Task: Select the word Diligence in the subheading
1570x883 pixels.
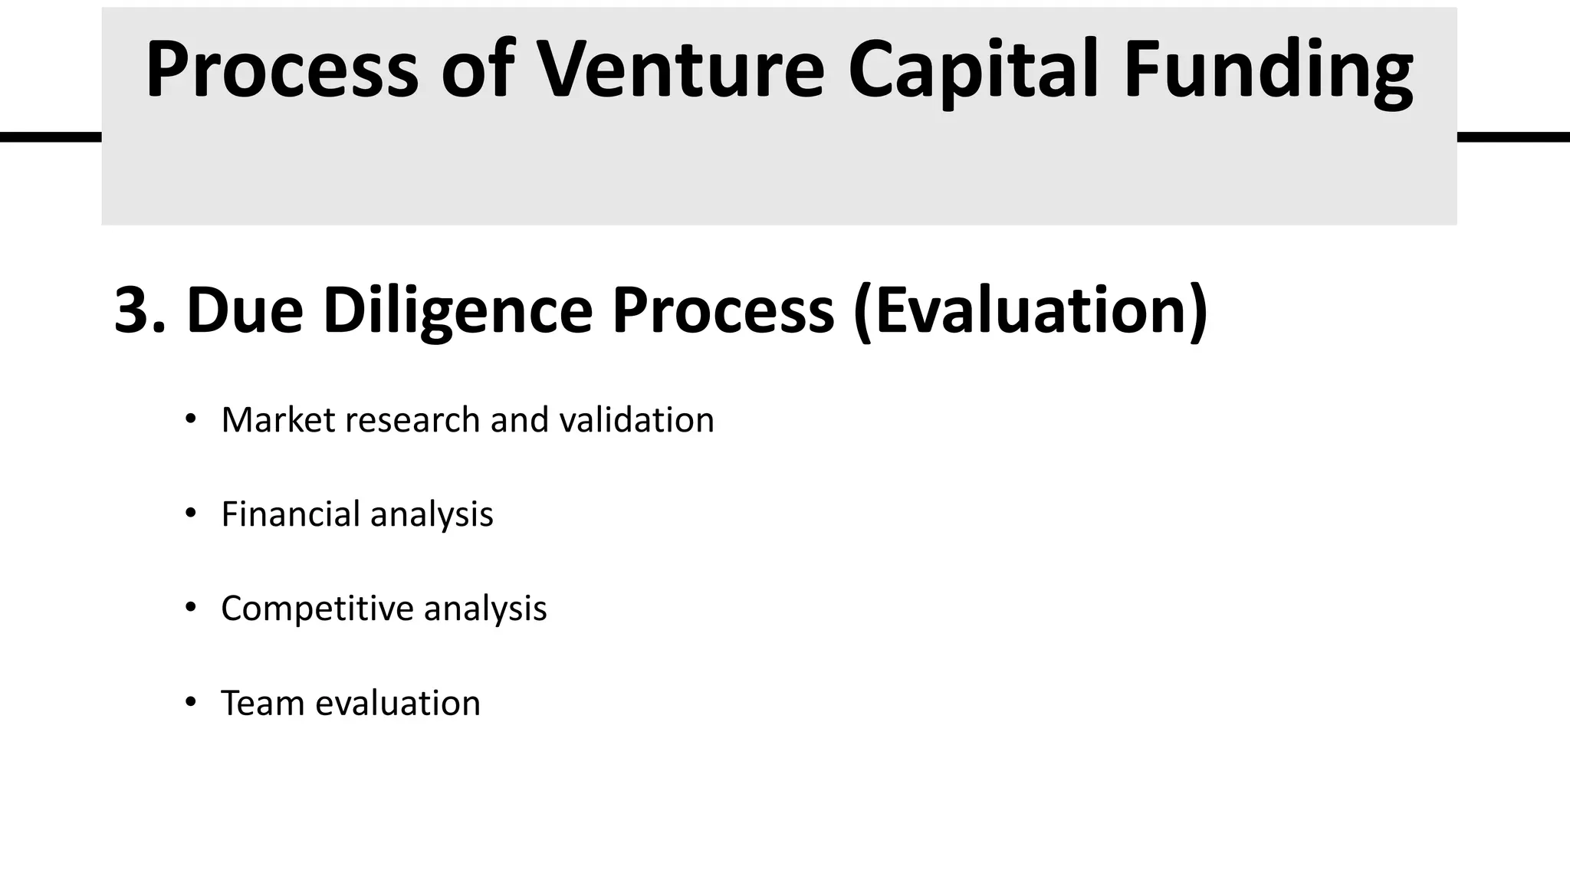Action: (458, 310)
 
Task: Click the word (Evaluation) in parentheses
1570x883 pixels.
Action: (1030, 310)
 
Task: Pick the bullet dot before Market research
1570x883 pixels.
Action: (191, 419)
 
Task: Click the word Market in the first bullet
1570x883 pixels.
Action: (278, 420)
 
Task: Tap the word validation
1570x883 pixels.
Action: (636, 420)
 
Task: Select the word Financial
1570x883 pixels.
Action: (291, 514)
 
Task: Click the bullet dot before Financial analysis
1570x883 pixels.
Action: (191, 513)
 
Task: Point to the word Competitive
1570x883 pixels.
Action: (317, 609)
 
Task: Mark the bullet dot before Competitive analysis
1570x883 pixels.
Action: (191, 607)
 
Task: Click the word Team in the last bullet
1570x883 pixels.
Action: (262, 703)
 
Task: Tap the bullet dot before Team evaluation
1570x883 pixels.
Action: (191, 701)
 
